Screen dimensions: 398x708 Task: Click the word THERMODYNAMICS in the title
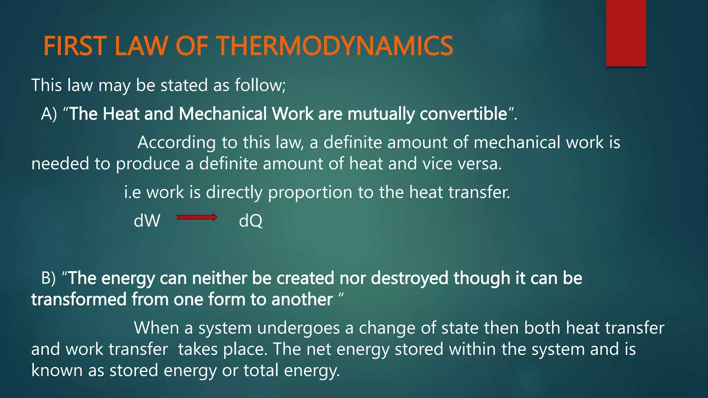335,46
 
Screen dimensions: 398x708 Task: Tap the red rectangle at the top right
626,33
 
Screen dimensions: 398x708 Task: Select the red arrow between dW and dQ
197,217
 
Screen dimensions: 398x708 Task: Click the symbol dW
147,221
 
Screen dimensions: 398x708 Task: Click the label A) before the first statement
49,114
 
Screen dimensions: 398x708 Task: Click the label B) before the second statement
48,278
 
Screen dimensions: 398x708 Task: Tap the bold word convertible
463,114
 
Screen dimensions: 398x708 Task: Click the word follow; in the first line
260,85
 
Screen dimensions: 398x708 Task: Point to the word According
176,143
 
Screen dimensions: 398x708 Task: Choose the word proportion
310,192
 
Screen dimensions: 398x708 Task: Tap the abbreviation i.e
132,192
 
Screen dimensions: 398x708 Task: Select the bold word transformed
78,300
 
